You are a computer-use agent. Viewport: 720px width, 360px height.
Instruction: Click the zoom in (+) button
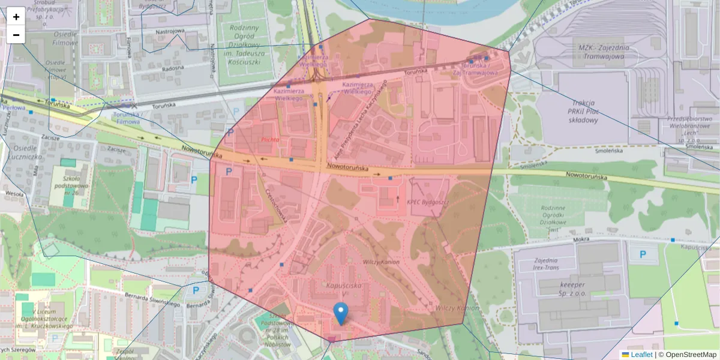pos(16,17)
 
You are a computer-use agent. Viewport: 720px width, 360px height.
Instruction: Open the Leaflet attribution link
pos(641,355)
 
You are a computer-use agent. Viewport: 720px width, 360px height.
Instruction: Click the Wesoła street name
pos(13,194)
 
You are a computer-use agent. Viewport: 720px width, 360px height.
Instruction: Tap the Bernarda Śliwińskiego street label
pos(152,300)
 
